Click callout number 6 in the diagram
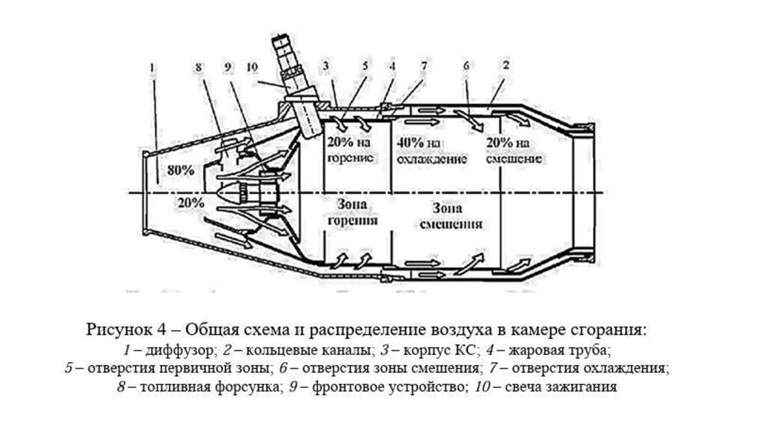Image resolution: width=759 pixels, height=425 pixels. coord(466,66)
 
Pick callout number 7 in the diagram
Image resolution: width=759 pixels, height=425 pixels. coord(423,66)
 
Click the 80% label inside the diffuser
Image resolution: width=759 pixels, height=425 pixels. coord(181,170)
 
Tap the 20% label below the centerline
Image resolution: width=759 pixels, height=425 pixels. coord(190,201)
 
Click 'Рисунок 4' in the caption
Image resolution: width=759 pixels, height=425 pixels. coord(133,329)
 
